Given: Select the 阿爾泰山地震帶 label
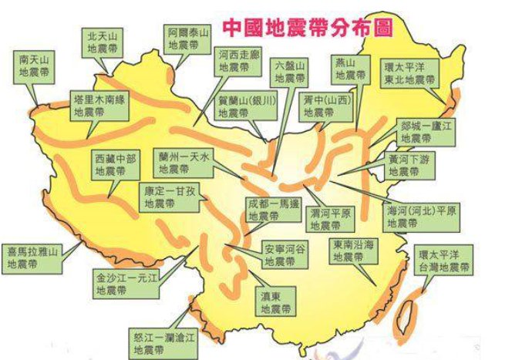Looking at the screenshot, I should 188,38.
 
